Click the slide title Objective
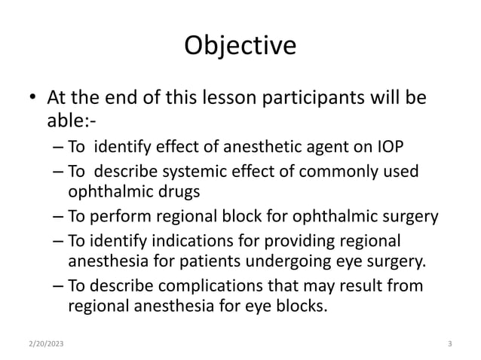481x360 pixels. tap(240, 46)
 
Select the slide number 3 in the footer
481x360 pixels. tap(449, 344)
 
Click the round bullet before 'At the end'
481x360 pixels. tap(32, 99)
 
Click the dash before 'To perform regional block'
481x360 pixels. tap(59, 218)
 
